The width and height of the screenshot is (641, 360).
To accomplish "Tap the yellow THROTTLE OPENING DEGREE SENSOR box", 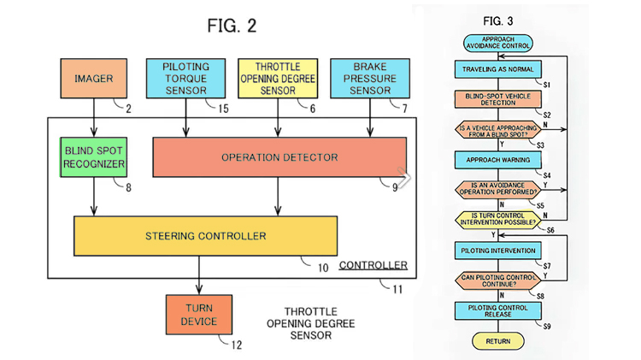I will (275, 80).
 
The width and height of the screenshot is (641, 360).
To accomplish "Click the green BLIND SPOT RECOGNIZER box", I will (94, 157).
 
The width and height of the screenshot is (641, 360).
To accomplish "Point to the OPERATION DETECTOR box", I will (279, 157).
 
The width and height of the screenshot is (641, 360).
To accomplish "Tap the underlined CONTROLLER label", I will (373, 265).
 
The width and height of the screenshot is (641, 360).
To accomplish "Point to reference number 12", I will (237, 345).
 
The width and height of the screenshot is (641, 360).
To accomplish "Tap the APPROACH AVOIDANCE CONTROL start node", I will (498, 43).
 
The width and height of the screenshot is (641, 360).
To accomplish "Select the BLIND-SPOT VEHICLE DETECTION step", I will (498, 100).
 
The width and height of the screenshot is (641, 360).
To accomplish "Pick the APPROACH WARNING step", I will (498, 159).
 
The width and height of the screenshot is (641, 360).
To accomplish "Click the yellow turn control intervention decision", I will (498, 218).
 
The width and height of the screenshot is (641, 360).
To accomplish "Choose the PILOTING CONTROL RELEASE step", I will (498, 310).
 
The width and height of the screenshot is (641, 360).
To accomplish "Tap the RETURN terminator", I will (498, 341).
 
